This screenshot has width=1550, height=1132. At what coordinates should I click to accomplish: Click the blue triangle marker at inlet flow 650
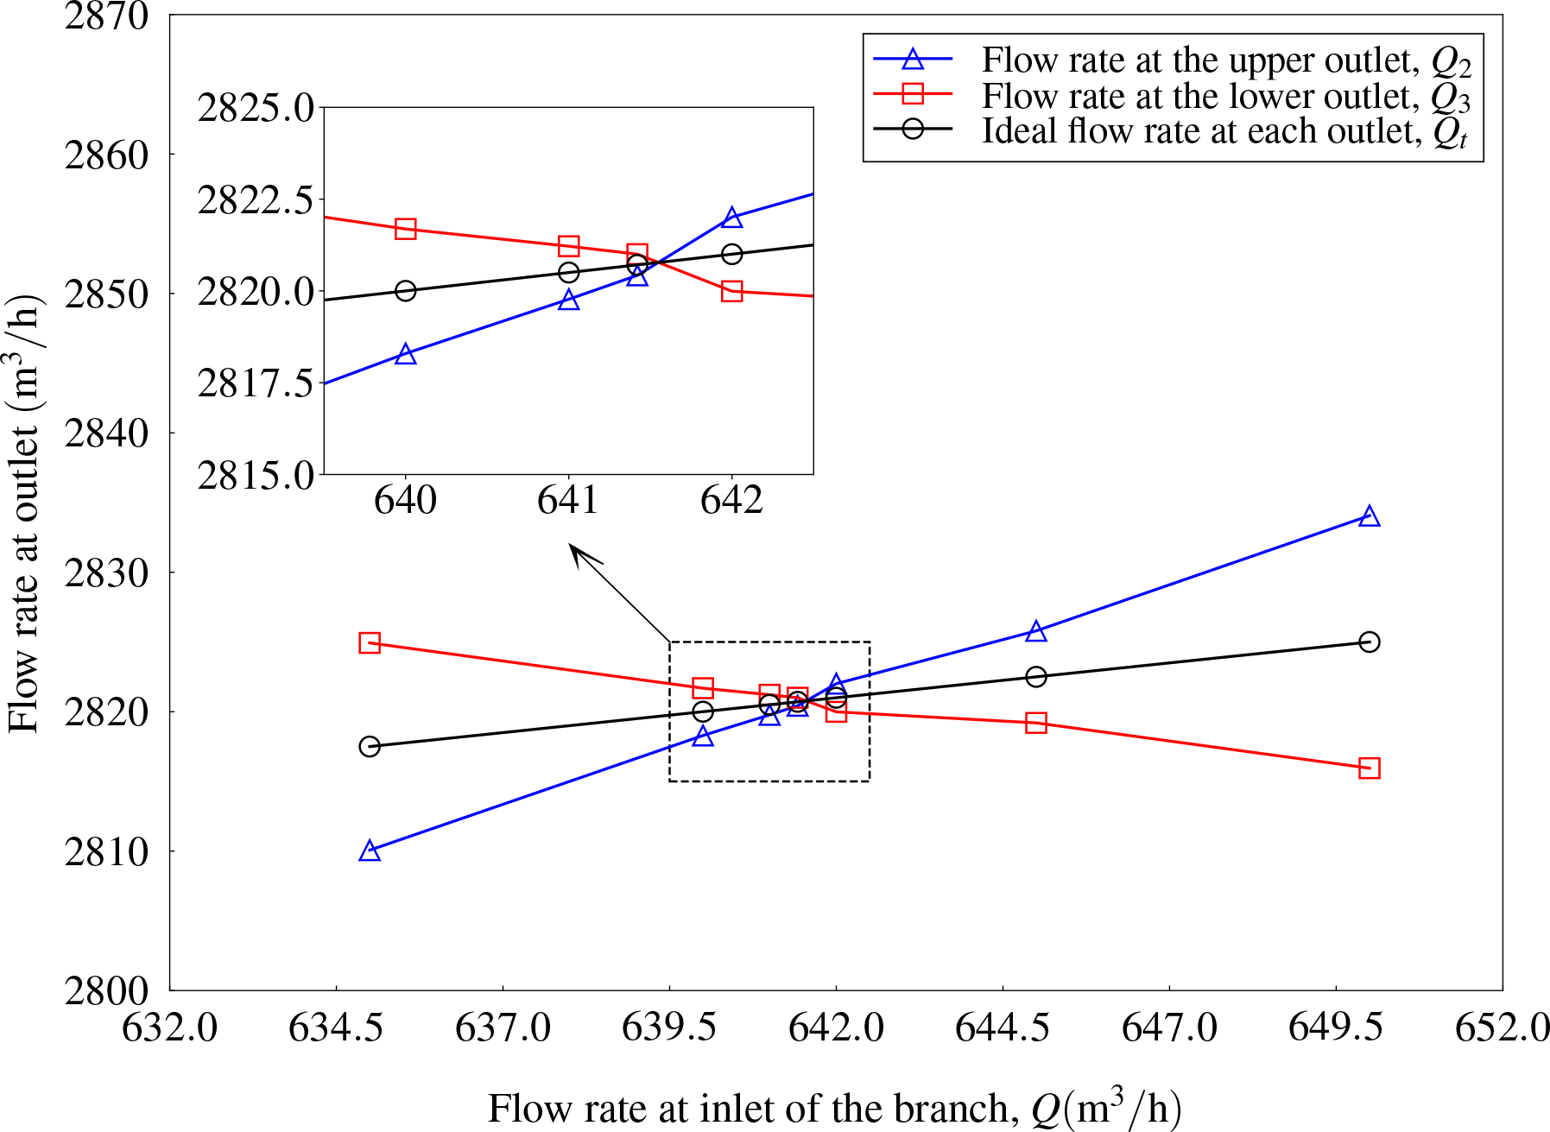(x=1369, y=517)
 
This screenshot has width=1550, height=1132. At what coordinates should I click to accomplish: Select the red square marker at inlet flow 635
(x=370, y=643)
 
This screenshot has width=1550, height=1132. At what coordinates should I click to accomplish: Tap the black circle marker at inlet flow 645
(x=1036, y=676)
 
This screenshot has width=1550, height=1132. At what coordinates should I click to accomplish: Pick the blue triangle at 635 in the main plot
(x=370, y=851)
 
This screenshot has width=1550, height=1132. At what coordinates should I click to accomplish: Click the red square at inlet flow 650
(x=1369, y=768)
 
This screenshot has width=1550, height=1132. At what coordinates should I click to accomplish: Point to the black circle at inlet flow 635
(x=370, y=746)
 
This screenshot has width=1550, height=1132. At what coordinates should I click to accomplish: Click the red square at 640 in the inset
(x=406, y=229)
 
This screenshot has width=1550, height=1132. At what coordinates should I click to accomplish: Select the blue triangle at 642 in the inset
(x=732, y=218)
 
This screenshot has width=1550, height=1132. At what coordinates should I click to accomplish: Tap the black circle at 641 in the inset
(x=568, y=273)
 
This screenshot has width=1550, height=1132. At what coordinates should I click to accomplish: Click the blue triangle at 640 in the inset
(x=406, y=355)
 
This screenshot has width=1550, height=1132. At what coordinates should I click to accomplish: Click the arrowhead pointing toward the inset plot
(x=575, y=551)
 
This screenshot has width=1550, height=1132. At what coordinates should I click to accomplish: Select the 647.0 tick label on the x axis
(x=1169, y=1028)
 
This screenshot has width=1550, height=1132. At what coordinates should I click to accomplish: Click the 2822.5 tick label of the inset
(x=256, y=201)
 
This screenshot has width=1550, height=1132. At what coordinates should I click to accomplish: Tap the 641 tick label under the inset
(x=568, y=500)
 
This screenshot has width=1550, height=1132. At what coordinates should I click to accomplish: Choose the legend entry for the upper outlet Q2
(x=1226, y=60)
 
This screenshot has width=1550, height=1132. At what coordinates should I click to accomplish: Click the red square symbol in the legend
(x=913, y=94)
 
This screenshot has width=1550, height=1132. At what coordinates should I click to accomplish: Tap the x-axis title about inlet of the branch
(x=834, y=1109)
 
